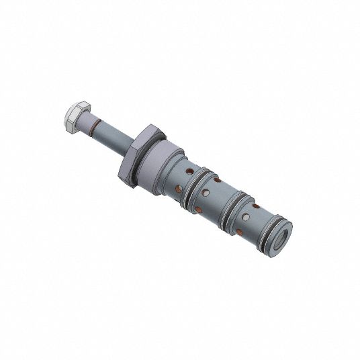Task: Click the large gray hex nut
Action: point(137,152)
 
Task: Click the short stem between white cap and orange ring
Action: point(85,122)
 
